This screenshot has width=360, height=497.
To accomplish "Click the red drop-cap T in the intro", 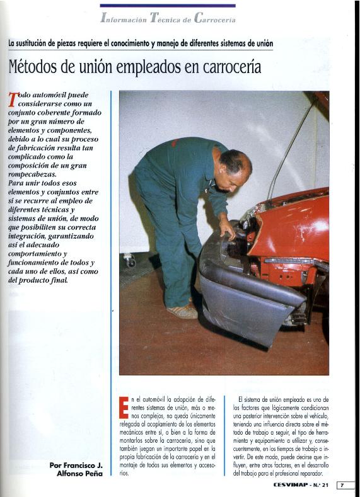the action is [13, 100].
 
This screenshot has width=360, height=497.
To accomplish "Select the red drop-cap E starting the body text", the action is [124, 406].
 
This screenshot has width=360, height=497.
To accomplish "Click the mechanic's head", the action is [235, 169].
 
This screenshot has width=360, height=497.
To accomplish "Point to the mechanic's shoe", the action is [182, 311].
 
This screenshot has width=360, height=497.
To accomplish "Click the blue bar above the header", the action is [167, 6].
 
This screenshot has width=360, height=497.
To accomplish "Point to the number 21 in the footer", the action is [327, 485].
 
